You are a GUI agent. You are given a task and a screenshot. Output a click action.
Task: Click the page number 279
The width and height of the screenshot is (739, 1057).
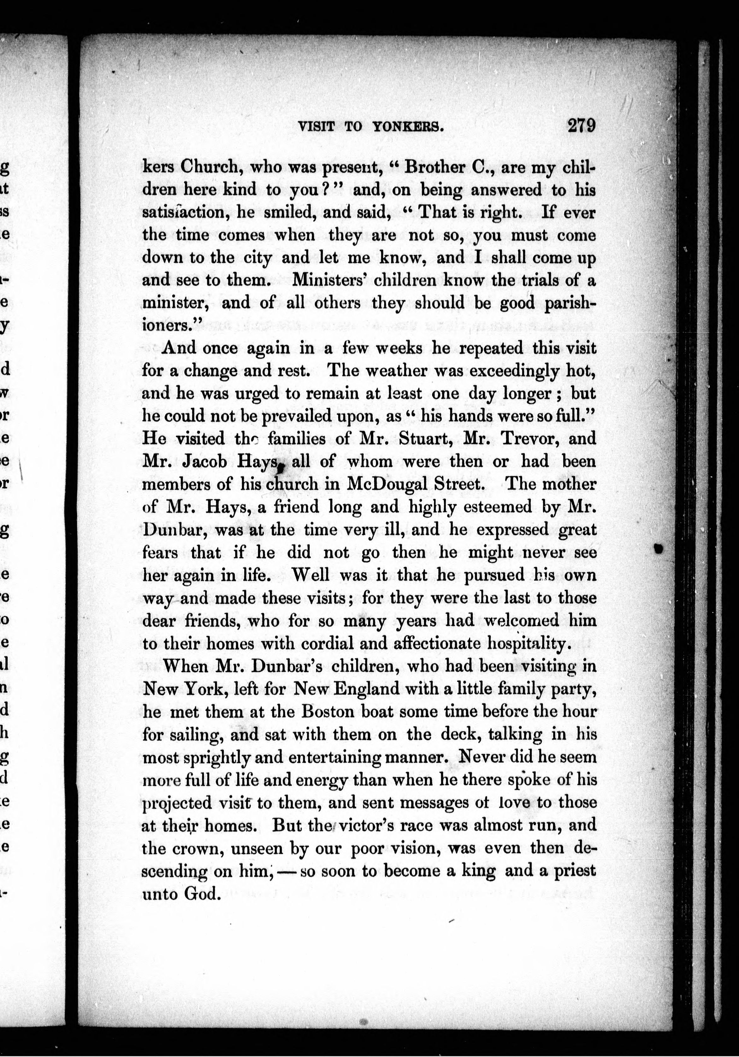click(x=582, y=126)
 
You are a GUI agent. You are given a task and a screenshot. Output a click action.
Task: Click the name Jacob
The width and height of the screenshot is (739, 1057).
click(x=205, y=461)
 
